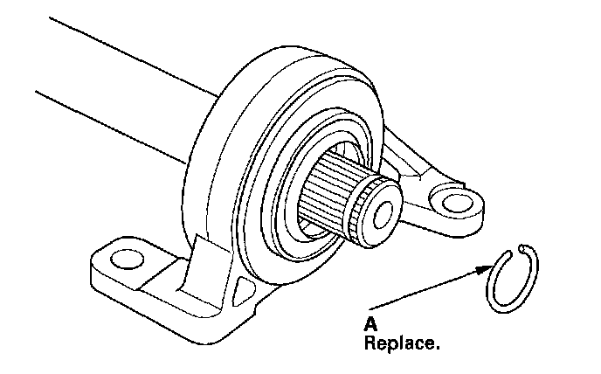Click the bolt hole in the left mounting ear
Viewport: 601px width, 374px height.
(127, 259)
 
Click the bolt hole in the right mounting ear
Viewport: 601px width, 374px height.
(452, 204)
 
